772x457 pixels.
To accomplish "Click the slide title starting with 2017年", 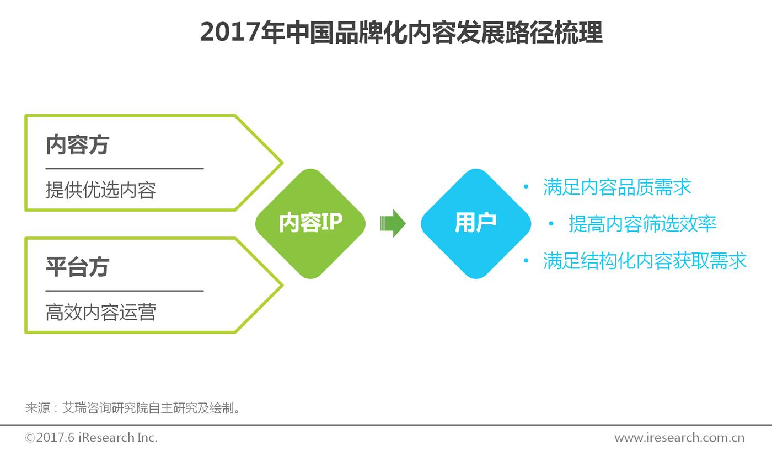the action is [x=401, y=33].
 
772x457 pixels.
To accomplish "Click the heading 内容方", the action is [x=77, y=144].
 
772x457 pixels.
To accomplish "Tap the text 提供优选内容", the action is [x=100, y=190].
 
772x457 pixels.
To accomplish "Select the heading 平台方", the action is [x=77, y=267].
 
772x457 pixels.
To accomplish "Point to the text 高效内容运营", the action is [x=100, y=312].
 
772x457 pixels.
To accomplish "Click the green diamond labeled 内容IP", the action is [x=310, y=223].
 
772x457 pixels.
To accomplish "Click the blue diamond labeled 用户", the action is [x=475, y=223].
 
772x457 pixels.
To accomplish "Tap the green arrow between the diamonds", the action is [x=393, y=223].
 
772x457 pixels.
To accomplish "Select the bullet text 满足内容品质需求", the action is [x=617, y=187].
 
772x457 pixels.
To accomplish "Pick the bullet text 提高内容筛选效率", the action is [x=642, y=224].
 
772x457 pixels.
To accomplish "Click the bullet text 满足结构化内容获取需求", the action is [x=645, y=260].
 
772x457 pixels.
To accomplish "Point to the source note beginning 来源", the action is [x=133, y=408].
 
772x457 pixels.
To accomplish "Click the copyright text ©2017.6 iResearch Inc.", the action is [x=91, y=438].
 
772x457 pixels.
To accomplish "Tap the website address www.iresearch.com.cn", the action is [x=679, y=438].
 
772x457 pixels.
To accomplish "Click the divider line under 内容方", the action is [x=125, y=169].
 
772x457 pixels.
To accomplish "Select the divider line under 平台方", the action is [x=125, y=291].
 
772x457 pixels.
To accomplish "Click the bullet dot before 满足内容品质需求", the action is [x=526, y=187].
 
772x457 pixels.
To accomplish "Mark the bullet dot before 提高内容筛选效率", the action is [x=551, y=224].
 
